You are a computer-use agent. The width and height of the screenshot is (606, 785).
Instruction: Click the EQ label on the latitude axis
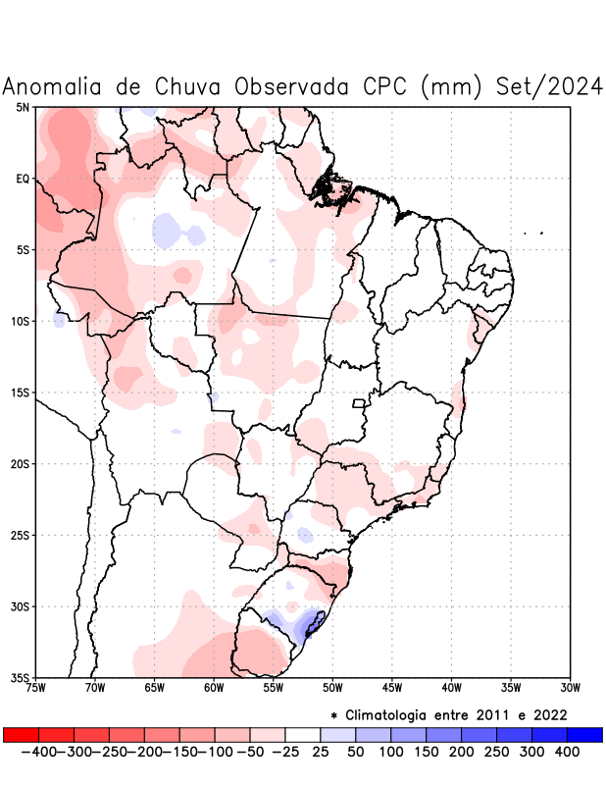23,179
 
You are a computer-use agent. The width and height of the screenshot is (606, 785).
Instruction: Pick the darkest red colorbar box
21,734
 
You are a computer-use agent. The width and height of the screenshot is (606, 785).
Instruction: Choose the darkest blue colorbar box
584,734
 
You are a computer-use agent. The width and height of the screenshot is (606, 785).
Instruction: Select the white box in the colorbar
302,734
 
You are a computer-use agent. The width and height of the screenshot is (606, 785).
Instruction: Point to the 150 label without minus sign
425,751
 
